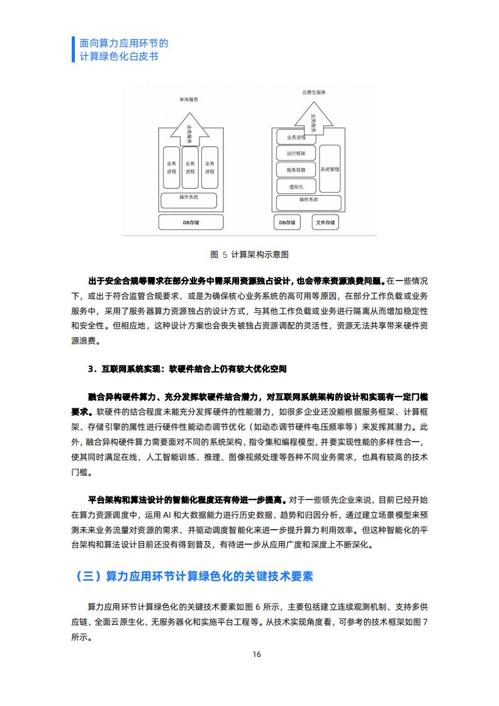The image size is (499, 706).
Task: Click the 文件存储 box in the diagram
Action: click(325, 222)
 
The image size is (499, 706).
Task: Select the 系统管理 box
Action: click(330, 169)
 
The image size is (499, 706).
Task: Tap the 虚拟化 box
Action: click(296, 186)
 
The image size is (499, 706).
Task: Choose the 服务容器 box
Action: click(296, 170)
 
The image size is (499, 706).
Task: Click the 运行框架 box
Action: click(296, 153)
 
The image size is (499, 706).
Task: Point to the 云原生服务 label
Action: click(314, 92)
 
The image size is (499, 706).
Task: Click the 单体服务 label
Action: click(189, 99)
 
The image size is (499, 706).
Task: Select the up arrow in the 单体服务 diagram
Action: click(189, 129)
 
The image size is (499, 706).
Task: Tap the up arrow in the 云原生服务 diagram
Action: click(313, 118)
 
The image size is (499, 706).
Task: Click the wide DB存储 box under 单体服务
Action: click(191, 222)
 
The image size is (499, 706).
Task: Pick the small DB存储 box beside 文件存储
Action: click(288, 222)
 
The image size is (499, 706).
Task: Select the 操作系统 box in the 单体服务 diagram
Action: click(189, 200)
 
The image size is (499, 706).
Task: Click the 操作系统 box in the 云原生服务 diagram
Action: click(308, 203)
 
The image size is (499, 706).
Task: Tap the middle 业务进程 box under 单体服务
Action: click(190, 167)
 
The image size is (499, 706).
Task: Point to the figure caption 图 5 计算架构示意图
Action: click(249, 255)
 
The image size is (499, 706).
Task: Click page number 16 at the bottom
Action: click(257, 654)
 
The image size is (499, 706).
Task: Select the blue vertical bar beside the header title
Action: click(73, 50)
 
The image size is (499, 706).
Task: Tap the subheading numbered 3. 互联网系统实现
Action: click(188, 369)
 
